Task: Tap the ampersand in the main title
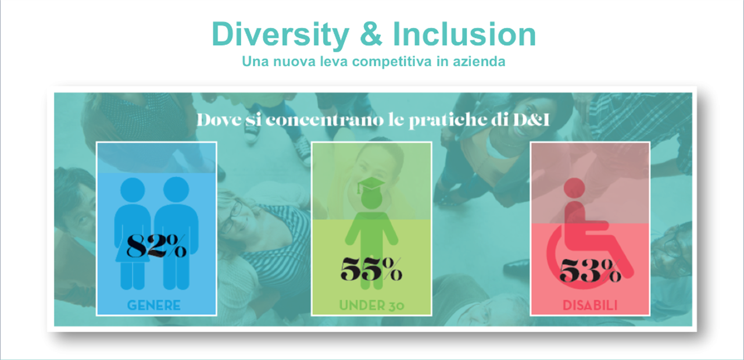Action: pyautogui.click(x=371, y=34)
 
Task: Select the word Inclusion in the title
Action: pyautogui.click(x=464, y=34)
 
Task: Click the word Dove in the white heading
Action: pyautogui.click(x=219, y=120)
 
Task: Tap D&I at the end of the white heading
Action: pyautogui.click(x=531, y=120)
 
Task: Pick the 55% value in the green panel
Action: pyautogui.click(x=371, y=269)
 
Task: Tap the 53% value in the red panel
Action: pyautogui.click(x=590, y=270)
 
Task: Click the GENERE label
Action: pyautogui.click(x=154, y=305)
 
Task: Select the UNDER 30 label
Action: pyautogui.click(x=371, y=305)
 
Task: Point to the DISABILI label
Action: pyautogui.click(x=590, y=305)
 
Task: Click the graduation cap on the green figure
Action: pyautogui.click(x=371, y=185)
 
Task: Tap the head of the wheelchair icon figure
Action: pyautogui.click(x=574, y=188)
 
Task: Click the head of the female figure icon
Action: pyautogui.click(x=133, y=190)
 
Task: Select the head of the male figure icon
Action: pyautogui.click(x=176, y=190)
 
